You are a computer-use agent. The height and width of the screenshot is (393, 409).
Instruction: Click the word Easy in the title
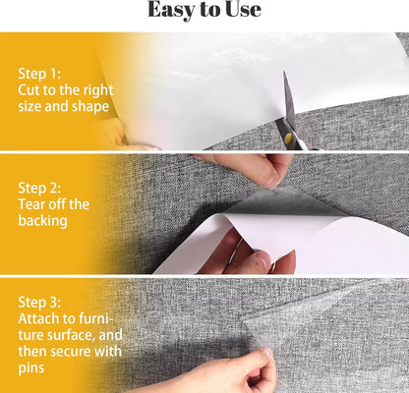(171, 11)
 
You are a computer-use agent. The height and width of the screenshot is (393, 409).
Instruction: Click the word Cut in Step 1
(30, 90)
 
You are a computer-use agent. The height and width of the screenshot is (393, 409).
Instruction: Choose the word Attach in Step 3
(40, 319)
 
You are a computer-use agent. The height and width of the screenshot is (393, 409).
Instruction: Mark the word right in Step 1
(98, 90)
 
